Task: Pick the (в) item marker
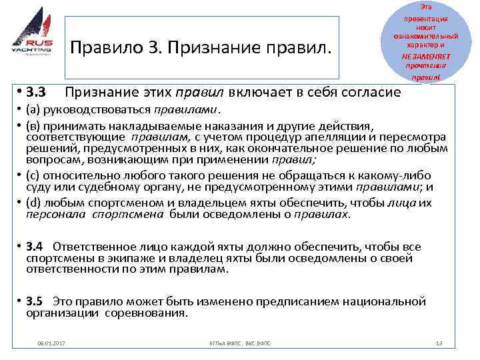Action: [x=33, y=126]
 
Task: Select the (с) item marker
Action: [x=33, y=176]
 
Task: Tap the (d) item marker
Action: [x=34, y=203]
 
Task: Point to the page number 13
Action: [x=438, y=343]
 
